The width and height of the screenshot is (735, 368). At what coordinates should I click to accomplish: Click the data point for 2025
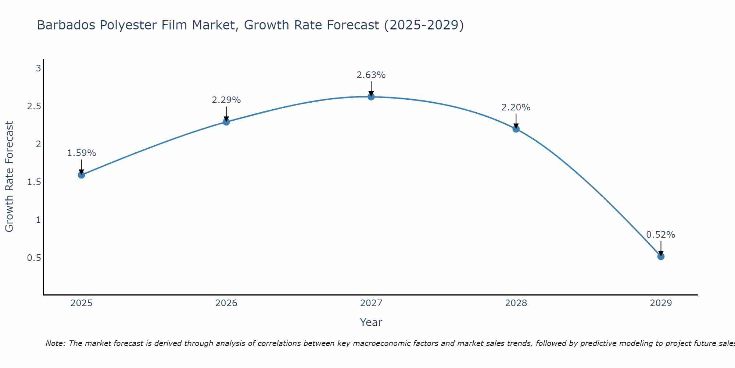[x=82, y=175]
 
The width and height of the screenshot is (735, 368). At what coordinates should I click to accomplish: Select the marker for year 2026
[x=226, y=122]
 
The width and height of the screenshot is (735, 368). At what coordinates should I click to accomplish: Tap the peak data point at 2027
[x=371, y=97]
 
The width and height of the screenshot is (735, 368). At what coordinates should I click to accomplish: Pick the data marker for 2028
[x=516, y=129]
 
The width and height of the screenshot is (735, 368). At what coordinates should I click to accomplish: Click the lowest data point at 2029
[x=661, y=256]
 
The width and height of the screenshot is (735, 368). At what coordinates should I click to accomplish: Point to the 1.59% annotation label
[x=82, y=153]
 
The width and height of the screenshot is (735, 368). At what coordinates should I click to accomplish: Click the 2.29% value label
[x=226, y=100]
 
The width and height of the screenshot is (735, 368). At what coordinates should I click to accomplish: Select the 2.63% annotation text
[x=371, y=75]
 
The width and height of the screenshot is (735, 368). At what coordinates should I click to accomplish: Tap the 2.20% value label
[x=516, y=107]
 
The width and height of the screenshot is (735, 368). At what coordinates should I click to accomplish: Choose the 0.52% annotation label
[x=661, y=235]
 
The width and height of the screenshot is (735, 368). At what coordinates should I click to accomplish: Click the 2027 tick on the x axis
[x=371, y=303]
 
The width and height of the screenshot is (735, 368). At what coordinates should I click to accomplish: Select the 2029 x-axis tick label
[x=661, y=303]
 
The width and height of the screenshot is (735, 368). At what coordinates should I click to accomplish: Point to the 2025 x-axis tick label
[x=82, y=303]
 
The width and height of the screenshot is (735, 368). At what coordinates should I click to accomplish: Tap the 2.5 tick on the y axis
[x=34, y=106]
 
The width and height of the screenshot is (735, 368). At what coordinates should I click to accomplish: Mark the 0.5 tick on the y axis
[x=34, y=258]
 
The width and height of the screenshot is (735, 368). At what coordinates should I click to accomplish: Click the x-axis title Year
[x=371, y=322]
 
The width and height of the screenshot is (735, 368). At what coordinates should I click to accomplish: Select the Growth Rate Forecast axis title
[x=9, y=177]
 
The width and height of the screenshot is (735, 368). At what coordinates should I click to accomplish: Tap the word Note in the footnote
[x=55, y=343]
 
